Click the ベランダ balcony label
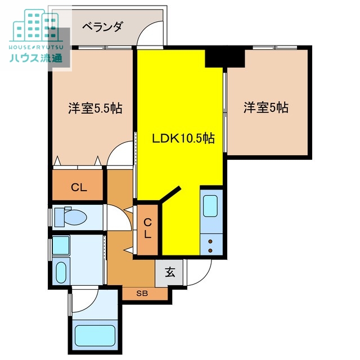point(102,26)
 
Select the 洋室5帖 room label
point(266,107)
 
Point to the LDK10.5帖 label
point(183,138)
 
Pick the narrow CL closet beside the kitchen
point(147,228)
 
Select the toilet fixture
point(74,217)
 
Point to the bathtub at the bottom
point(94,336)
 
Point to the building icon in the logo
point(35,23)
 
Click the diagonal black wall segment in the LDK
point(171,193)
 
